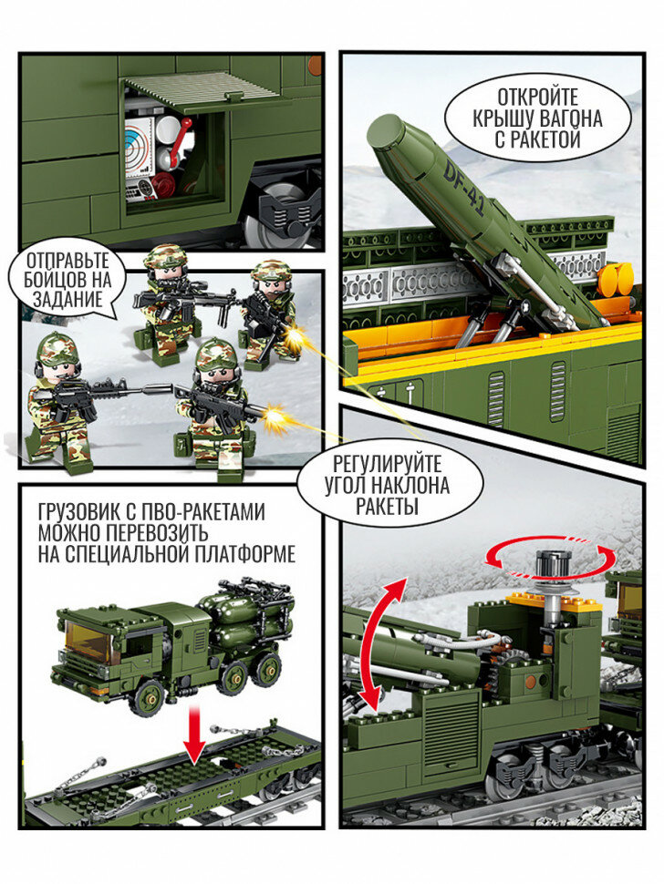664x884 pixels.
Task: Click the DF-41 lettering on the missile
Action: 464,189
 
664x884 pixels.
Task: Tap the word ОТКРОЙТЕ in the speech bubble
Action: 536,98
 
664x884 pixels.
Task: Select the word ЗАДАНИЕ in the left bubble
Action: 67,299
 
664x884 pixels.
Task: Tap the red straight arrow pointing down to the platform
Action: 196,734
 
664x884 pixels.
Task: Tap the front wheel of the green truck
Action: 149,698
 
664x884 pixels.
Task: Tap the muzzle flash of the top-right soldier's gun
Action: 295,339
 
